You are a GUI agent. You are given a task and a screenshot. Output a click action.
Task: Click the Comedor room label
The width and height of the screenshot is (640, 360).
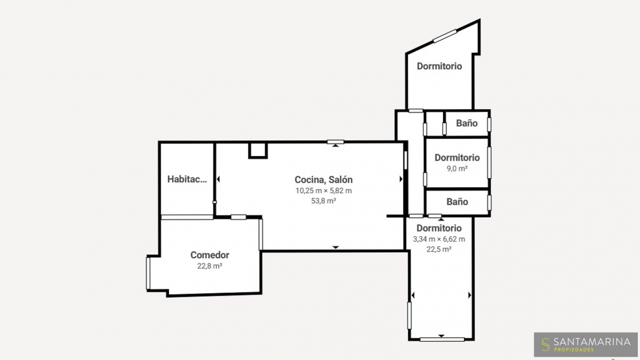tap(210, 255)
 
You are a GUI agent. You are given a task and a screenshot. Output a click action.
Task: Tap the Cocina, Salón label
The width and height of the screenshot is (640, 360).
tap(323, 180)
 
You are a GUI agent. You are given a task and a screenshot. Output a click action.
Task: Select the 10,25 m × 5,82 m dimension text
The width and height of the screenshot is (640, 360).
tap(323, 190)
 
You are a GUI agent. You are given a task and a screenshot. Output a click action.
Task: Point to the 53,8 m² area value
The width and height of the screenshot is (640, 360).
tap(323, 201)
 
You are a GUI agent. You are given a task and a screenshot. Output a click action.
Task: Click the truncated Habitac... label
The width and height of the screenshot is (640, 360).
tap(187, 179)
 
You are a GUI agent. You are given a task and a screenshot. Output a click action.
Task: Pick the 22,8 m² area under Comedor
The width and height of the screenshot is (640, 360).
tap(210, 266)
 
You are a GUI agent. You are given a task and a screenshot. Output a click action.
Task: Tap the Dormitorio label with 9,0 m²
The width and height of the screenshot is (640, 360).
tap(457, 157)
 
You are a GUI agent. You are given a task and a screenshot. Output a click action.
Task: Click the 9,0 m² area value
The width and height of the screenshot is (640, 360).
tap(457, 169)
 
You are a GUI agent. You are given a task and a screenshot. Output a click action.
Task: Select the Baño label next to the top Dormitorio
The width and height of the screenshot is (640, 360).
tap(467, 123)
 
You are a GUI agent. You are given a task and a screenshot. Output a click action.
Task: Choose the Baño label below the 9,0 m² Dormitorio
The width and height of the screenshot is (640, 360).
tap(457, 202)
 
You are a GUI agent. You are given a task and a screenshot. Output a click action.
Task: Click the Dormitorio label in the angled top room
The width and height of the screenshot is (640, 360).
tap(439, 66)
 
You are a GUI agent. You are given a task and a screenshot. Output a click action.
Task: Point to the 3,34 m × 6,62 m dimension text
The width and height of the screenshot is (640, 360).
tap(439, 239)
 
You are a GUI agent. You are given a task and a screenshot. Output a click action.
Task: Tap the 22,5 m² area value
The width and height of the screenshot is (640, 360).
tap(439, 250)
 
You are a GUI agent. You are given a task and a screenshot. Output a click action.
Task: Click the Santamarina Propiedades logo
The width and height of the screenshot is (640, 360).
tap(586, 345)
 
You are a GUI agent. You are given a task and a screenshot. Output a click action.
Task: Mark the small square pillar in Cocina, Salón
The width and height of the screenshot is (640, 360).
tap(258, 150)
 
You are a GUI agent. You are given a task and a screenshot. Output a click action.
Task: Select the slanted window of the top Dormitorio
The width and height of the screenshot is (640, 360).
tap(445, 36)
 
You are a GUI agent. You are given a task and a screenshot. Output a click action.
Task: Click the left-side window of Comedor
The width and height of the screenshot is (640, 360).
tap(148, 274)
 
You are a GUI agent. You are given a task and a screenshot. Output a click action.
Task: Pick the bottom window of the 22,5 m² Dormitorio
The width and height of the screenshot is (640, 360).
tap(442, 339)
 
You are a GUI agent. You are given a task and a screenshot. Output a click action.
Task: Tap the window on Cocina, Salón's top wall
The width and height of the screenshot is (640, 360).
tap(335, 142)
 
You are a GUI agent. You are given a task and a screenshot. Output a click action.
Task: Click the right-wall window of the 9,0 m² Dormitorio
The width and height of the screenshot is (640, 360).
tap(489, 163)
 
